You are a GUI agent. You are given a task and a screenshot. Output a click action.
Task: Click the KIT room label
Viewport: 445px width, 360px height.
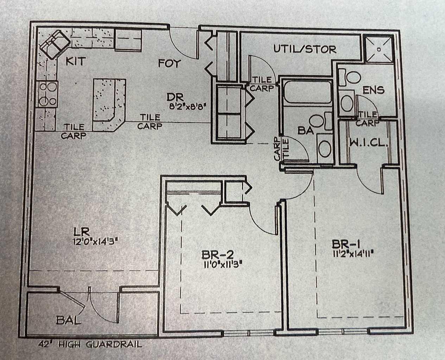coord(75,62)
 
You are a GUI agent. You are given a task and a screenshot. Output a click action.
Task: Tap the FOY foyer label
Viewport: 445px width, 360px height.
coord(169,63)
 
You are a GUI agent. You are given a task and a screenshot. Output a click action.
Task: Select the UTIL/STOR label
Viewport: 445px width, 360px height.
coord(305,49)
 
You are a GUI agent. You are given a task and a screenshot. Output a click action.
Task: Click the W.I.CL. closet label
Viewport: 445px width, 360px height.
coord(368,143)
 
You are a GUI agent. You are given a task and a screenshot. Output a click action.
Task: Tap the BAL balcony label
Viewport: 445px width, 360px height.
coord(69,320)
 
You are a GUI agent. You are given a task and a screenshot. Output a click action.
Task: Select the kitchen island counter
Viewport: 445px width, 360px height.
coord(108,102)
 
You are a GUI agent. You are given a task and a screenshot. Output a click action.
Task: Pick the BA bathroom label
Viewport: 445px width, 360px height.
coord(305,131)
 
